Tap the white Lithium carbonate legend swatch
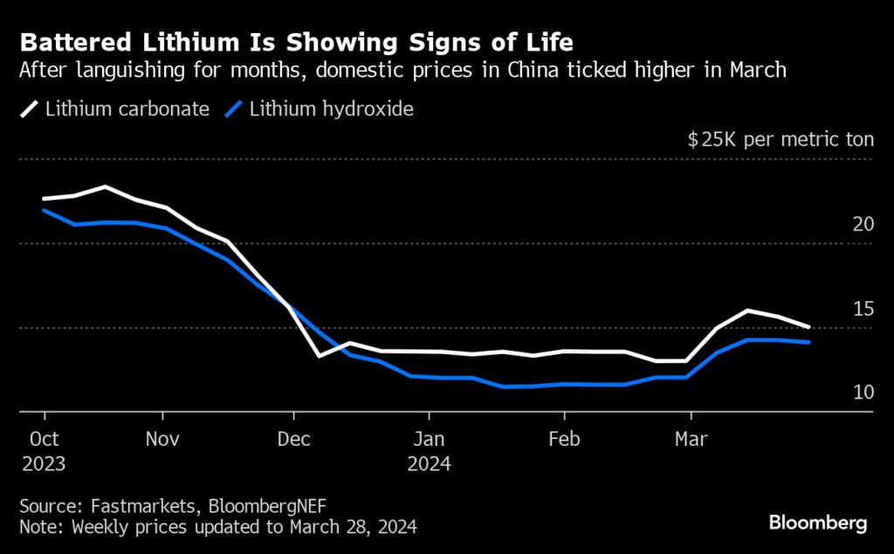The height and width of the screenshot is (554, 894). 30,109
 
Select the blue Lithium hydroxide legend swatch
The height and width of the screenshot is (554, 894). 233,109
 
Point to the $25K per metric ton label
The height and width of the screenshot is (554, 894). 781,140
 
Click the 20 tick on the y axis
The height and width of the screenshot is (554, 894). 863,224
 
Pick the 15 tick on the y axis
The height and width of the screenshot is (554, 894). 863,309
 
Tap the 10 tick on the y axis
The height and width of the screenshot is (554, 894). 863,393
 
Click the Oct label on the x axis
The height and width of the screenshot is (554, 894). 44,438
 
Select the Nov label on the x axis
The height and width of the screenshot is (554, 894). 162,438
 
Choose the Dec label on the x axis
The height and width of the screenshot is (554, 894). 294,438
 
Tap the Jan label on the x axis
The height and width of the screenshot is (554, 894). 428,438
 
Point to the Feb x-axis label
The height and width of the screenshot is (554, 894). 563,438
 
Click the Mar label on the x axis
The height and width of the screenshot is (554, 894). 691,438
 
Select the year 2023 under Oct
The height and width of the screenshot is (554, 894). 44,463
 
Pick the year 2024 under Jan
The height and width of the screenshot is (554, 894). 428,463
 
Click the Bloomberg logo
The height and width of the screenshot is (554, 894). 817,523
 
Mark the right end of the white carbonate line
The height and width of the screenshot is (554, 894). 808,326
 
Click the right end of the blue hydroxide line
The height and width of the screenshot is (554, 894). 808,342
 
